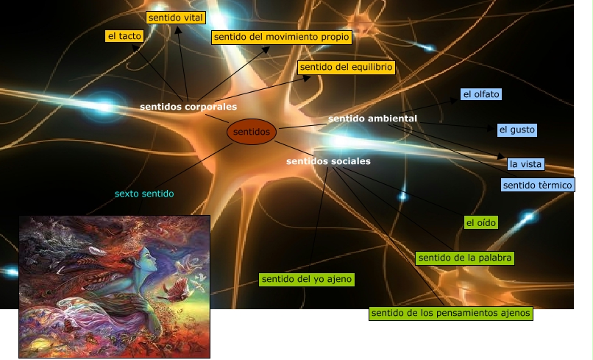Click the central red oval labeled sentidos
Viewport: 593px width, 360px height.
point(252,133)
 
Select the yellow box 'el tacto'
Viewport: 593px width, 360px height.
point(124,35)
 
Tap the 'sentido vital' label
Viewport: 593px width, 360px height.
point(175,17)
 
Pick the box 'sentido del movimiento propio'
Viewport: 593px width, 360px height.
point(281,36)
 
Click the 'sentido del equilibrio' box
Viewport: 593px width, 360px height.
point(347,67)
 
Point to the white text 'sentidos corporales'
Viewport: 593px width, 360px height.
point(188,107)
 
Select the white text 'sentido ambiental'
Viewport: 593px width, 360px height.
point(372,118)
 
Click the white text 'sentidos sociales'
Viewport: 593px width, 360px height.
point(328,161)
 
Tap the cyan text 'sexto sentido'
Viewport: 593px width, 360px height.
point(144,194)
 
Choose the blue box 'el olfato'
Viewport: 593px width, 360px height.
point(481,94)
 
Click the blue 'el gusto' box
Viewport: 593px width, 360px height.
point(516,130)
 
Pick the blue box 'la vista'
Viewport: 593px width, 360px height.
point(525,163)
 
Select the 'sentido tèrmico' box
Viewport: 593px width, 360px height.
point(538,185)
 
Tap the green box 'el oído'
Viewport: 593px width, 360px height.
point(481,222)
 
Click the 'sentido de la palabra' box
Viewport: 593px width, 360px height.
point(464,258)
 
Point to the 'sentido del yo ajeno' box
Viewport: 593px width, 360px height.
point(308,279)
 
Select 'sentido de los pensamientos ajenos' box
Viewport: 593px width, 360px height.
point(451,313)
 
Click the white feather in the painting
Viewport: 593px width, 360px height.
point(96,250)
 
